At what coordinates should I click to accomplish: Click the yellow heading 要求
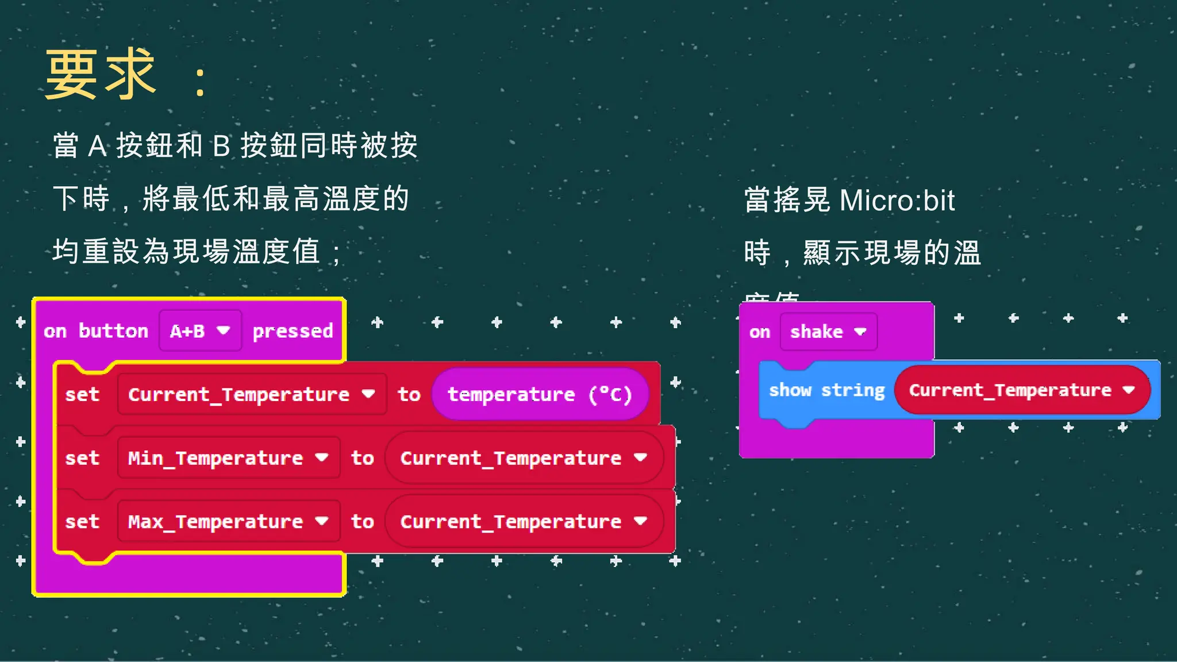click(101, 75)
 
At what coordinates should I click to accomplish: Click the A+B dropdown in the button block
click(199, 331)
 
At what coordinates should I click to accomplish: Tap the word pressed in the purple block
click(293, 332)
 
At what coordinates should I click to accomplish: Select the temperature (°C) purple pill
click(540, 394)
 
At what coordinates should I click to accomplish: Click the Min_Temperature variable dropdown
click(228, 458)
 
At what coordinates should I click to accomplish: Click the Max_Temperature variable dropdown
click(228, 521)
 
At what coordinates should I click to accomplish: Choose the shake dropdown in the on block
click(828, 332)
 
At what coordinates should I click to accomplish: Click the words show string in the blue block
click(826, 390)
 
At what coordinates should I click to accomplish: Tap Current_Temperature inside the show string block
click(1021, 390)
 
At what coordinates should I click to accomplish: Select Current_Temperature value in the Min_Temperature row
click(524, 458)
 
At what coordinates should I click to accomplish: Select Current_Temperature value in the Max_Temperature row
click(524, 521)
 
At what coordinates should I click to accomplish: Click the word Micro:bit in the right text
click(897, 201)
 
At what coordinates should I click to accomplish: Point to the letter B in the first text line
click(221, 146)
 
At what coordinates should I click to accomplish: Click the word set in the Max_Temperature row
click(82, 522)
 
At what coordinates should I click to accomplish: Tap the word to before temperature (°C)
click(409, 395)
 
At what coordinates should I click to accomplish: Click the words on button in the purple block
click(96, 331)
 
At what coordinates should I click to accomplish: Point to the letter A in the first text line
click(97, 146)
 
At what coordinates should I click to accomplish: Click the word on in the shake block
click(759, 332)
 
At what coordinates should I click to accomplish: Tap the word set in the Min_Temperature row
click(82, 459)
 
